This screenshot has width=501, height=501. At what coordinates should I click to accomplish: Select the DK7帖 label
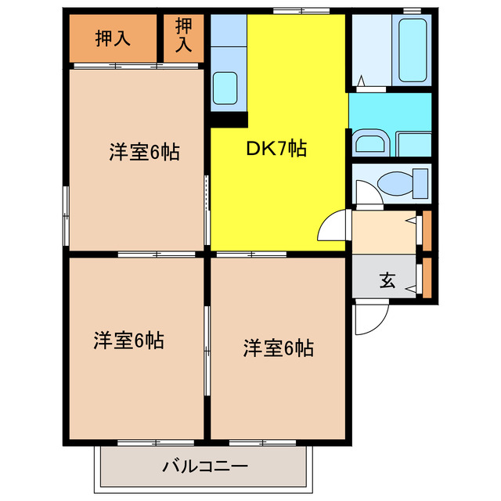[x=276, y=148]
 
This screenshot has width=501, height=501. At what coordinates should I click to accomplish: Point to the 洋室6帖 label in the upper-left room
[x=143, y=152]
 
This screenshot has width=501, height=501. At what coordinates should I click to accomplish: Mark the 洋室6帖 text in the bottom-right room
[x=278, y=348]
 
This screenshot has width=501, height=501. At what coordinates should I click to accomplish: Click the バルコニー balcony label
[x=205, y=467]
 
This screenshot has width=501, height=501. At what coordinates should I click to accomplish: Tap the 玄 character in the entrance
[x=387, y=280]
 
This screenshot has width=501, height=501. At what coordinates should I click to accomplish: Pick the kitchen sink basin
[x=225, y=85]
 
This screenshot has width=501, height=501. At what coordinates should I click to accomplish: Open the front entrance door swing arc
[x=369, y=317]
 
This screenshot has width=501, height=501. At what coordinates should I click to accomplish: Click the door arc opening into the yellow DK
[x=333, y=228]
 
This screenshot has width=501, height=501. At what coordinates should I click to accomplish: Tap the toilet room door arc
[x=366, y=193]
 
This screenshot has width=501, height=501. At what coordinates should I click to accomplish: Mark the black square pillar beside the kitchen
[x=229, y=119]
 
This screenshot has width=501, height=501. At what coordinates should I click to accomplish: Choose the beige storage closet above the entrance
[x=384, y=232]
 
